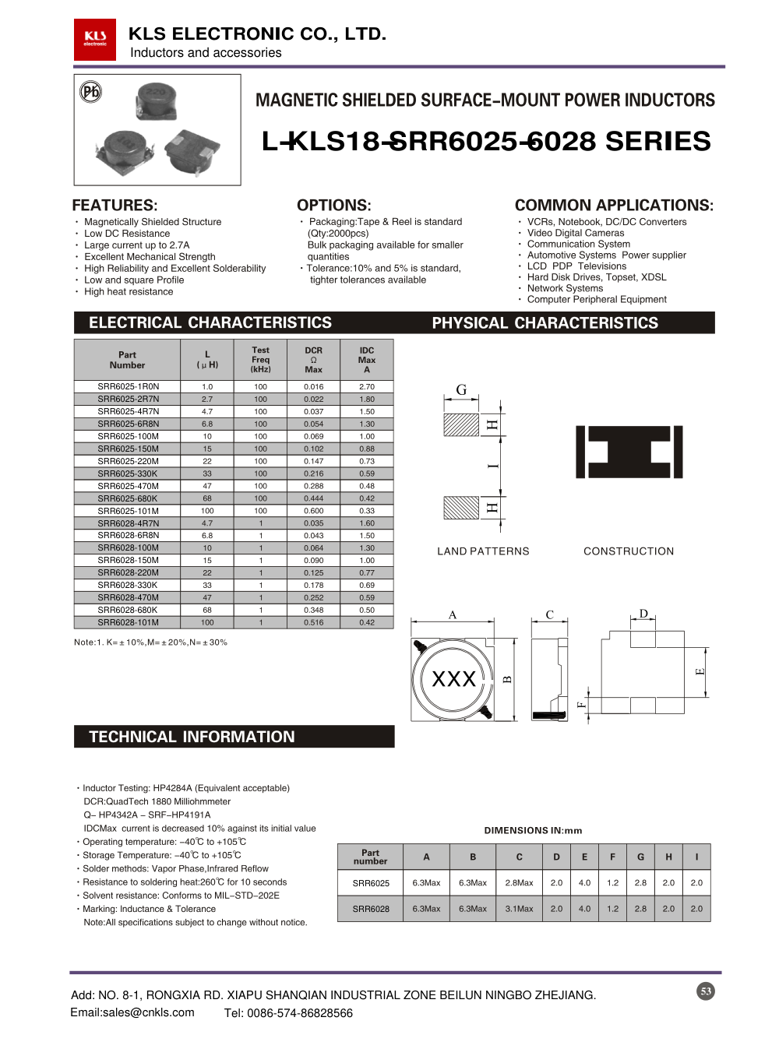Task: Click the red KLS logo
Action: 95,39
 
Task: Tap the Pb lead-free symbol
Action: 91,92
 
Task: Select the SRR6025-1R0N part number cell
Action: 128,386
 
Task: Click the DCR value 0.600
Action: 313,511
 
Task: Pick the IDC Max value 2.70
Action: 367,386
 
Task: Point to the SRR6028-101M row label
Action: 128,622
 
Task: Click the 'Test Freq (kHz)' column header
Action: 260,360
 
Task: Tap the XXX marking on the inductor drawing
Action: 453,679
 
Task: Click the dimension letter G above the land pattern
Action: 461,389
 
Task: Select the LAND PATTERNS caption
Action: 483,551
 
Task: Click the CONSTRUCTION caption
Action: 629,551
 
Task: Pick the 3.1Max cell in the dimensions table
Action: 519,909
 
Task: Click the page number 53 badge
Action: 706,991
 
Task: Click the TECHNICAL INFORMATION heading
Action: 192,737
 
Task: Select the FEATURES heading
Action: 115,206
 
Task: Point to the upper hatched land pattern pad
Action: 461,425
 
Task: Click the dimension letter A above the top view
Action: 453,614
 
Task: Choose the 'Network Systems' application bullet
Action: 565,288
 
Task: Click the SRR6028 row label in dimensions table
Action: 371,909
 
